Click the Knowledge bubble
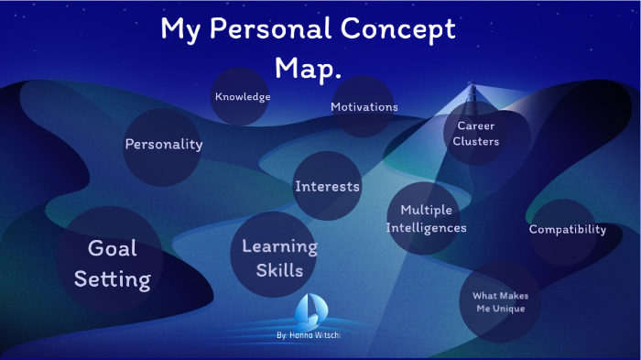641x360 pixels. tap(242, 96)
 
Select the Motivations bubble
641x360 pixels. tap(364, 106)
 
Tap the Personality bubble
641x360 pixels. tap(163, 144)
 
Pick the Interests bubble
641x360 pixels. tap(327, 187)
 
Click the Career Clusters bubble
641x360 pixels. tap(475, 133)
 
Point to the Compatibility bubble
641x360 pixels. tap(567, 230)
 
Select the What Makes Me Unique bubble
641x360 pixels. tap(500, 302)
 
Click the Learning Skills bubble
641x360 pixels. tap(279, 258)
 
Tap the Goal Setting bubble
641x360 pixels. tap(112, 262)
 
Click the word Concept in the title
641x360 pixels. tap(403, 29)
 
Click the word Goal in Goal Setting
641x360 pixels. tap(112, 247)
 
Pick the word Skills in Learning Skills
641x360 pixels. tap(280, 270)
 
